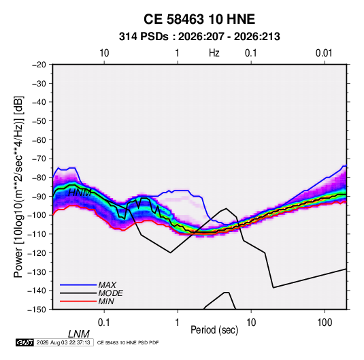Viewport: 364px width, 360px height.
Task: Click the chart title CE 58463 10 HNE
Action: [x=199, y=19]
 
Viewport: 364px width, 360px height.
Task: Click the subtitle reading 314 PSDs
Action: [x=144, y=37]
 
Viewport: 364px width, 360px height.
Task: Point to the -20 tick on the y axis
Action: [x=39, y=65]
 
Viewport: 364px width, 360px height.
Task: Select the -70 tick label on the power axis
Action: [x=39, y=159]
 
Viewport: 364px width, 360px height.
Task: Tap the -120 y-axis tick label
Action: [x=37, y=253]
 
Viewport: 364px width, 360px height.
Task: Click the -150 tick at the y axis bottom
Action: [x=37, y=310]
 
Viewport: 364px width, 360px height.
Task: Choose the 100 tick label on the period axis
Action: [x=325, y=323]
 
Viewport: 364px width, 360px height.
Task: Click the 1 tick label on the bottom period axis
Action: [x=178, y=323]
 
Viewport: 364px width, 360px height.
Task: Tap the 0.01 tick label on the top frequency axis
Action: [x=324, y=53]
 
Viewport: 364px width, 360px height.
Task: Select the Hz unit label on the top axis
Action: [x=214, y=53]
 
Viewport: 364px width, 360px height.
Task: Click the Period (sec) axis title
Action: [x=214, y=330]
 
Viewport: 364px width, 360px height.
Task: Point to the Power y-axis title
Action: [x=18, y=187]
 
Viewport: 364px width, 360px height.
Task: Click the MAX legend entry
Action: [x=107, y=285]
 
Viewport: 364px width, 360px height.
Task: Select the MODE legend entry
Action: [x=110, y=293]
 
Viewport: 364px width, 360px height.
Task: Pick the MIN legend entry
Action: [x=106, y=301]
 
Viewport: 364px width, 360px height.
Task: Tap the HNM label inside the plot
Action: [x=80, y=193]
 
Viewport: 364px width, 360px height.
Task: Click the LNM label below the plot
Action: [x=79, y=334]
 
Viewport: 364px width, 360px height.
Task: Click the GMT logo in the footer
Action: [x=25, y=342]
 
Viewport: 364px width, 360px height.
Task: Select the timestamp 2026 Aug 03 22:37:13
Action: [x=63, y=342]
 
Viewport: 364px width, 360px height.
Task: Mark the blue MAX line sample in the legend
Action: [x=78, y=285]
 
